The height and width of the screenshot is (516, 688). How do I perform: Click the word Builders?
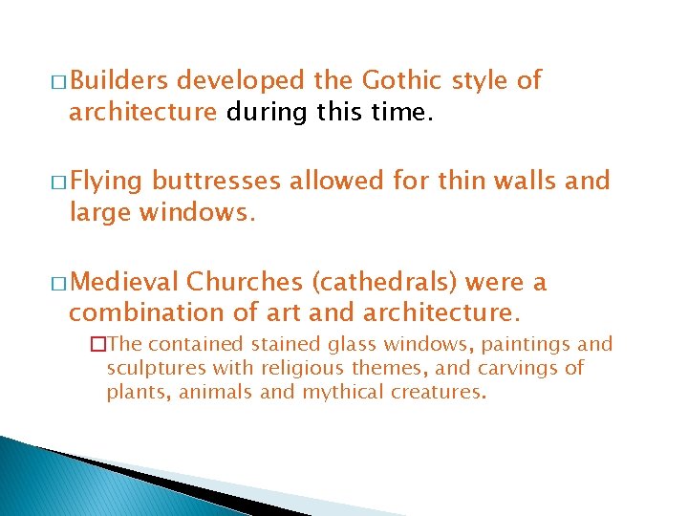coord(119,80)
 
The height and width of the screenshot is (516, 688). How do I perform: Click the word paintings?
coord(527,345)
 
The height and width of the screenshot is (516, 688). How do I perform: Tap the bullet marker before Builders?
coord(60,82)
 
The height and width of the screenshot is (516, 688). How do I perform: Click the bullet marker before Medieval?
coord(60,283)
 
